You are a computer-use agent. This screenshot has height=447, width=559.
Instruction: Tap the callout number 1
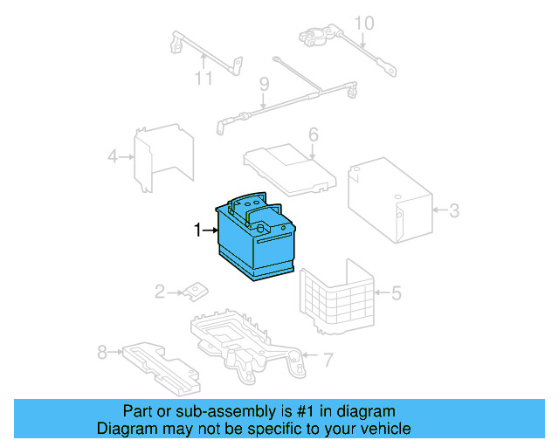click(x=198, y=230)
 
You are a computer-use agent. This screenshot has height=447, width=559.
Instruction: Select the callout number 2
click(x=160, y=292)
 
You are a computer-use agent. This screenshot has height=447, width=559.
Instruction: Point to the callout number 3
click(x=453, y=210)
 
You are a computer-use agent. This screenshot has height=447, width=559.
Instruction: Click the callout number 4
click(x=113, y=157)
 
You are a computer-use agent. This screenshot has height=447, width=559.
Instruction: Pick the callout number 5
click(x=396, y=292)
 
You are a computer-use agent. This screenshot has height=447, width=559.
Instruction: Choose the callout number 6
click(x=313, y=135)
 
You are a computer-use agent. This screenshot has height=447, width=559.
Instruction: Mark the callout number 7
click(x=328, y=359)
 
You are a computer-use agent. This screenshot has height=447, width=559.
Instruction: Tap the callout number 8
click(x=102, y=353)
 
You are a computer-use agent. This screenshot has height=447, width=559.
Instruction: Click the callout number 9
click(x=261, y=85)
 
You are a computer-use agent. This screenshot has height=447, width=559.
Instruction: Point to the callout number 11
click(x=204, y=79)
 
